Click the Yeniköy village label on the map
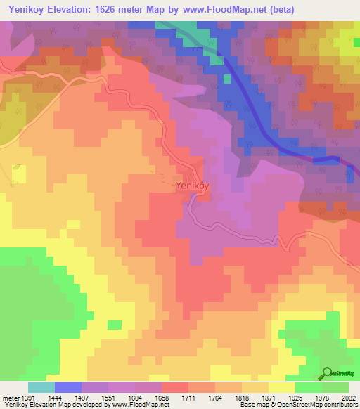coord(193,186)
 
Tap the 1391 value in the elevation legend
coord(28,397)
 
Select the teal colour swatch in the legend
coord(41,387)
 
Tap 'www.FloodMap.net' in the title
coord(214,9)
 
